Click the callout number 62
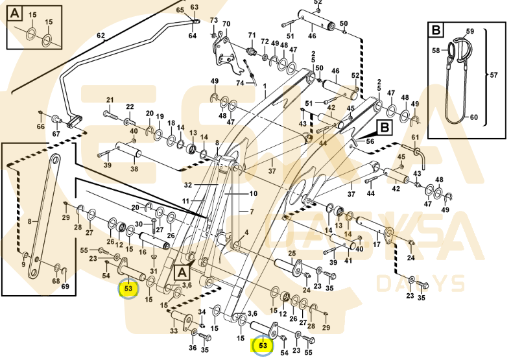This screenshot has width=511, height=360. click(x=101, y=35)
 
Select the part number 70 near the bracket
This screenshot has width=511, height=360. click(x=226, y=25)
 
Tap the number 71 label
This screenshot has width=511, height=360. click(x=252, y=34)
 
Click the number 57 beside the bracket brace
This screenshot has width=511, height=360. click(x=493, y=75)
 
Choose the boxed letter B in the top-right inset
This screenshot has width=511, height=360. click(x=436, y=29)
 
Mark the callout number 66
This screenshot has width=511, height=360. click(x=40, y=126)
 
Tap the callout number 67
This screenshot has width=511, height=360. click(x=56, y=134)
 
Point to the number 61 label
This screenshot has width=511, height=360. click(x=416, y=138)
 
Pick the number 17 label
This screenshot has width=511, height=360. click(x=376, y=245)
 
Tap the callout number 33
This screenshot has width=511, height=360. click(x=173, y=331)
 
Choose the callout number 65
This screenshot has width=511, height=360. click(x=180, y=11)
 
